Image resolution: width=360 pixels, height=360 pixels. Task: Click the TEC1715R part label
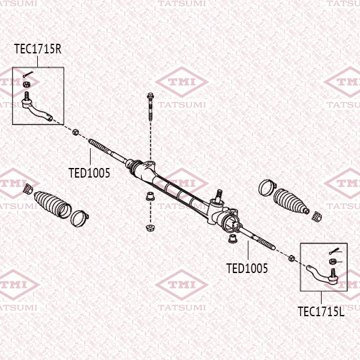[x=38, y=49]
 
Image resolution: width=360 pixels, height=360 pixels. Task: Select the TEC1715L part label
[x=321, y=311]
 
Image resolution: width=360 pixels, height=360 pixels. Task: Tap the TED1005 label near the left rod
[x=89, y=173]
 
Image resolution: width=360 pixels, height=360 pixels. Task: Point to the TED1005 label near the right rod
[x=247, y=268]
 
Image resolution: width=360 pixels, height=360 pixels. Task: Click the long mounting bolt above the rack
[x=151, y=107]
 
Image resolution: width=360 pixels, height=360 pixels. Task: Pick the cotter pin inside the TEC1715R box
[x=28, y=74]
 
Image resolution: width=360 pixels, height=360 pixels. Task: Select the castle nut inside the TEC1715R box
[x=26, y=84]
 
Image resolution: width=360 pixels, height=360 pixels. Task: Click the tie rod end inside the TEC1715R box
[x=37, y=107]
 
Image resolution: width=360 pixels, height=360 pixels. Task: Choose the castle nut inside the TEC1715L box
[x=332, y=261]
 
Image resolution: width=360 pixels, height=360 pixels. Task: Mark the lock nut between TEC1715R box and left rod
[x=76, y=132]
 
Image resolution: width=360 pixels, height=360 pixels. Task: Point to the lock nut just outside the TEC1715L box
[x=292, y=258]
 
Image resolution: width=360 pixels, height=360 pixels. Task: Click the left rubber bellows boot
[x=52, y=204]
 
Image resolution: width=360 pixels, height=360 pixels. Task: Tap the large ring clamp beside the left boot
[x=79, y=218]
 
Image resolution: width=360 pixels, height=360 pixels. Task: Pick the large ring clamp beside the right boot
[x=268, y=188]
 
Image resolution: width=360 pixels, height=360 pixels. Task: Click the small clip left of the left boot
[x=28, y=189]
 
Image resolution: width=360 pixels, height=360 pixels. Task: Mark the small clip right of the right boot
[x=317, y=217]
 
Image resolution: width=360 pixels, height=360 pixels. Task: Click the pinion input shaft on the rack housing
[x=219, y=195]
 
